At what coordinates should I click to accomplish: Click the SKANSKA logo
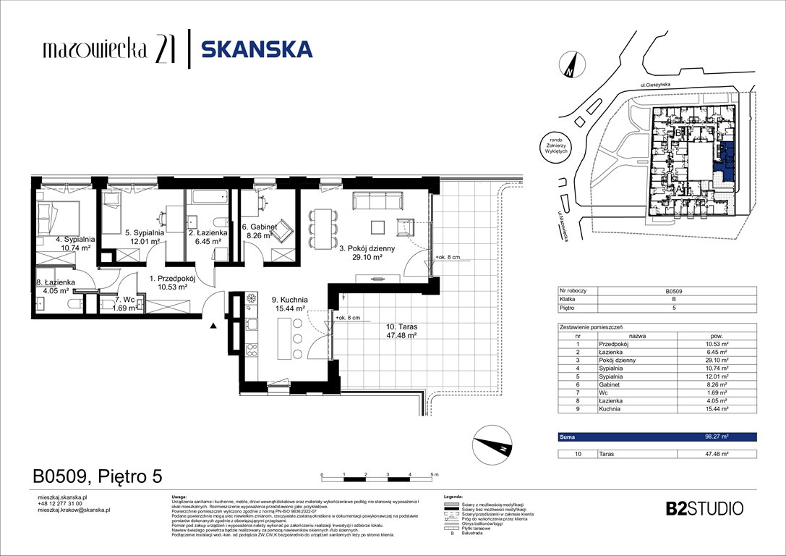pos(257,49)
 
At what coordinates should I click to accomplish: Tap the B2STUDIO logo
pos(704,508)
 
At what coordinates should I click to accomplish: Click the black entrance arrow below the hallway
pos(213,327)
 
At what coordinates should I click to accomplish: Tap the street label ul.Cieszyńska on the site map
pos(659,85)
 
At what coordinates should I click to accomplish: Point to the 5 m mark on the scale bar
pos(434,473)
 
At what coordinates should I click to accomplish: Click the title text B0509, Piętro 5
pos(98,476)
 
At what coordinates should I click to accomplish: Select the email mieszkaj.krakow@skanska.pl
pos(73,510)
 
